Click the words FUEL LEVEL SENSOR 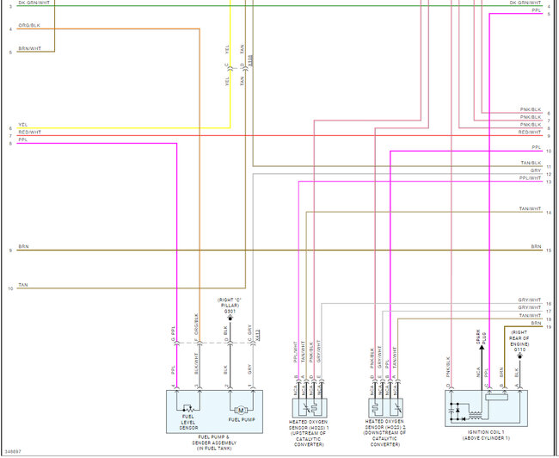(x=188, y=422)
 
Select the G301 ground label (x=230, y=311)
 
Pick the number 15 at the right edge (x=548, y=251)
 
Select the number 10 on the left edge (x=10, y=289)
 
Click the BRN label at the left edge (x=23, y=246)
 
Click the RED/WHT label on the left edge (x=29, y=132)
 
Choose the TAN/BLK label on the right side (x=530, y=164)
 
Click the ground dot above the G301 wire (x=230, y=319)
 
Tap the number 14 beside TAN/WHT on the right (x=548, y=213)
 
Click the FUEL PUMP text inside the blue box (x=242, y=420)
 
